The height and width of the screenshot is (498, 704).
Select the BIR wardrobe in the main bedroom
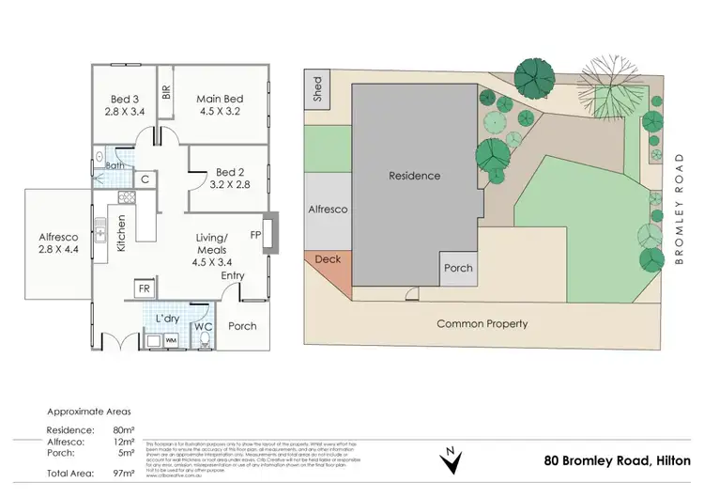coord(165,92)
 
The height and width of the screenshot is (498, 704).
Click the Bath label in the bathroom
coord(115,167)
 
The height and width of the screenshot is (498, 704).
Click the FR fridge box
coord(145,288)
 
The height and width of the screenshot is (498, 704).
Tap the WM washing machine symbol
coord(172,339)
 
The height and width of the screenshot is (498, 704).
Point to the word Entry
coord(234,275)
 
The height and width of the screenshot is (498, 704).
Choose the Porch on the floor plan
coord(243,326)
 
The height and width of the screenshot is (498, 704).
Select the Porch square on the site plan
coord(459,268)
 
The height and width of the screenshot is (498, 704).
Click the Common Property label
coord(482,323)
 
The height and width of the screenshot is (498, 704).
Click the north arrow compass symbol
coord(451,460)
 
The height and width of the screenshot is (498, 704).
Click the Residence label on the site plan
coord(414,176)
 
